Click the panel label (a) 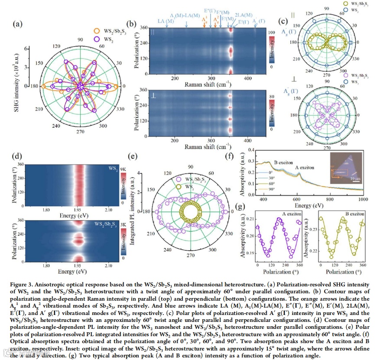point(18,24)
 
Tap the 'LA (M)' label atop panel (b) point(166,20)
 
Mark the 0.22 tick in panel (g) point(310,250)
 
